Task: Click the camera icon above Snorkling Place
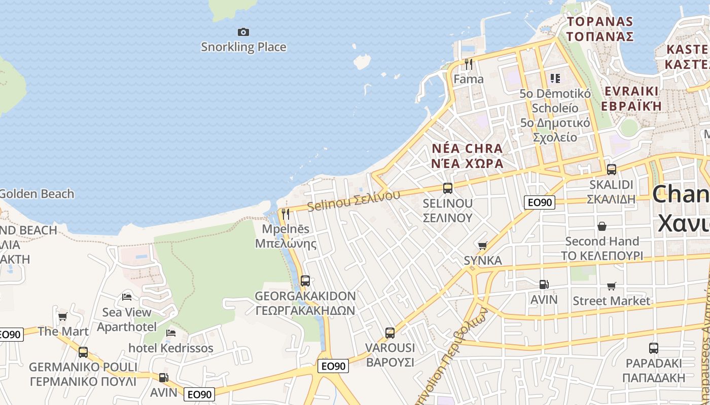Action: click(x=243, y=32)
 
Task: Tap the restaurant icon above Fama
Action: click(x=469, y=64)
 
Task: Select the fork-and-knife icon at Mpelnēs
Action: click(x=286, y=214)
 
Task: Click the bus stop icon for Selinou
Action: click(x=448, y=188)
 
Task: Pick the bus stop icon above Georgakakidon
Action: click(x=305, y=281)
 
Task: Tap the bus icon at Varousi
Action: click(x=389, y=333)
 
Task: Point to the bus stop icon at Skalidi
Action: click(x=612, y=170)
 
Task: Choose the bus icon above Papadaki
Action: click(x=654, y=348)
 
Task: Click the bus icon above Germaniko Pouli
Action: click(x=83, y=352)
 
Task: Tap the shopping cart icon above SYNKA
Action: click(x=482, y=246)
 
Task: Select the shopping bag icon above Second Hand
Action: click(x=602, y=226)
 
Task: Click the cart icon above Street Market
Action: click(x=612, y=286)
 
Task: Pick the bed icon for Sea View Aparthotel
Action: click(x=127, y=297)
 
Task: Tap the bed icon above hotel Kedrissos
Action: click(x=171, y=333)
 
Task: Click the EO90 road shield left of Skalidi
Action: click(x=539, y=202)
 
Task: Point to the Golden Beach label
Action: click(x=37, y=194)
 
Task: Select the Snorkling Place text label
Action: click(x=243, y=47)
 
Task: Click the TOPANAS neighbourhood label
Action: click(x=600, y=22)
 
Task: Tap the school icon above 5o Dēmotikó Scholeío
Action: click(x=555, y=78)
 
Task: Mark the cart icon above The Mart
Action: click(x=63, y=316)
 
